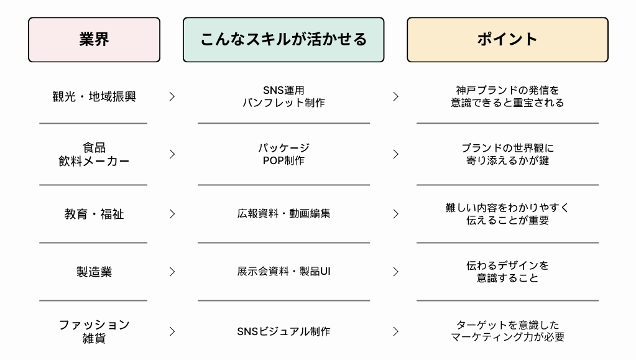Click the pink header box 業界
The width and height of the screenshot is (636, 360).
point(94,40)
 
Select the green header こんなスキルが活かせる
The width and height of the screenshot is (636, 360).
point(283,40)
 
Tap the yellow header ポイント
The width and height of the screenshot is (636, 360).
point(507,40)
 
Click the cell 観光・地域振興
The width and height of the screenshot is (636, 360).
point(94,96)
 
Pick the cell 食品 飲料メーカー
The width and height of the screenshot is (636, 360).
point(94,154)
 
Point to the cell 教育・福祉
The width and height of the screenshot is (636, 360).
point(94,214)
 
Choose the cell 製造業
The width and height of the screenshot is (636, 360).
point(94,272)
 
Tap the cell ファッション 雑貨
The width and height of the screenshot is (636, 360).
point(94,331)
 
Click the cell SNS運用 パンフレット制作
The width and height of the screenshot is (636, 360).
point(283,96)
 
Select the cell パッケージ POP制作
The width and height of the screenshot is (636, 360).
point(283,154)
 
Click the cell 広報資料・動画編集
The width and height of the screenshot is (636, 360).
point(283,213)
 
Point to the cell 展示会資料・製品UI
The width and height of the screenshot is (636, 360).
point(283,271)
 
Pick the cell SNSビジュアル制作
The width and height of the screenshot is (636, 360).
point(283,331)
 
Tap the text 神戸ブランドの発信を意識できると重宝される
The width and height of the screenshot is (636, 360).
point(507,96)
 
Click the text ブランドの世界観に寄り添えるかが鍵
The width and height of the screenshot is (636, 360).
point(507,154)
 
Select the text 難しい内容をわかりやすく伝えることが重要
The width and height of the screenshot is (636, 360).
point(507,214)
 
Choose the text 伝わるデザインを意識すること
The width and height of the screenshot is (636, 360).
point(507,272)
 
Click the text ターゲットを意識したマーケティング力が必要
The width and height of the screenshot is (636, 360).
point(507,331)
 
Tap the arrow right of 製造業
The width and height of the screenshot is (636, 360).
point(172,272)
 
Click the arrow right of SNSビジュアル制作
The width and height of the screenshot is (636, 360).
point(396,331)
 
